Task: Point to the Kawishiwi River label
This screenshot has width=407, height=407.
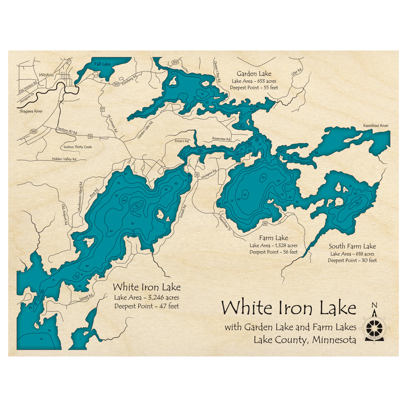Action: pyautogui.click(x=376, y=126)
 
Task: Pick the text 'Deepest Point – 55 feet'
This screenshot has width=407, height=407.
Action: pyautogui.click(x=254, y=88)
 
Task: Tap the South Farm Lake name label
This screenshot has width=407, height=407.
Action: pyautogui.click(x=352, y=246)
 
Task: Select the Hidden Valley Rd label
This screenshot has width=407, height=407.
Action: pyautogui.click(x=64, y=159)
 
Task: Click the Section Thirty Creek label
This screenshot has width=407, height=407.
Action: pyautogui.click(x=77, y=147)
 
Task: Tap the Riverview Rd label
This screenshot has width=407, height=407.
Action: pyautogui.click(x=221, y=139)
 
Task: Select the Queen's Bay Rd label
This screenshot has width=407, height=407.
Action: pyautogui.click(x=217, y=71)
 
